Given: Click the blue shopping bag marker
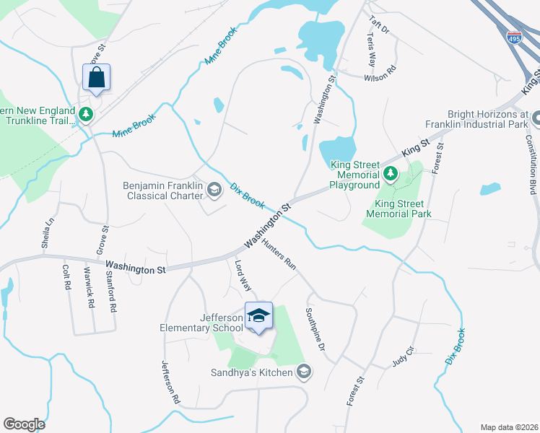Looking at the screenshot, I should pos(96,77).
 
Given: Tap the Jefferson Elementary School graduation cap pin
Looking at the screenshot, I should pos(258,316).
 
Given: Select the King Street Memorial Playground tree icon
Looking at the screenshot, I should pos(391,173).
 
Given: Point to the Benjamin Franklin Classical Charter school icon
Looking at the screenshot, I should pos(214,189).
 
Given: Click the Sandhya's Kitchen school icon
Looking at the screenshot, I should pos(304,372).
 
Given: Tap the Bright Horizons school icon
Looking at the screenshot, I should pos(535,118).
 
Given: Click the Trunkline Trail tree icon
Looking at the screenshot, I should pos(86,114).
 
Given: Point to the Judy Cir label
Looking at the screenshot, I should pos(404,357).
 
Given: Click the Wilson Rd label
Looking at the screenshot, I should pos(380,73).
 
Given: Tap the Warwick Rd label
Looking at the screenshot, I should pos(89,288).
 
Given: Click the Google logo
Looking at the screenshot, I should pos(24,424).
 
